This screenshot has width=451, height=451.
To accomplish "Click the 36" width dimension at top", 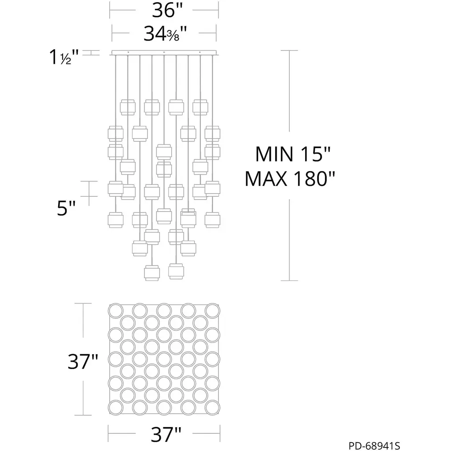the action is click(x=167, y=10).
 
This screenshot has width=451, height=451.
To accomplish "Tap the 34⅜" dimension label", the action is click(x=165, y=33).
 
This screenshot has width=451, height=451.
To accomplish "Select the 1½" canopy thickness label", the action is click(x=64, y=57).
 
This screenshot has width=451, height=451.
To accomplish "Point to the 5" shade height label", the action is click(x=66, y=208).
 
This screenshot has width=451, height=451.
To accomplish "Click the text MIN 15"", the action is click(x=293, y=154).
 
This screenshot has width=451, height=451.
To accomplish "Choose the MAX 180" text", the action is click(x=290, y=179).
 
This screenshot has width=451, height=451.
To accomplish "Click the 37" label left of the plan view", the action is click(x=83, y=361).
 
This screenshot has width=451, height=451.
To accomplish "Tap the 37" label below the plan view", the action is click(x=166, y=435).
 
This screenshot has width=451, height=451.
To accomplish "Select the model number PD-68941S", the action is click(x=374, y=446).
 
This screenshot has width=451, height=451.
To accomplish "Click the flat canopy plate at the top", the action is click(x=164, y=53).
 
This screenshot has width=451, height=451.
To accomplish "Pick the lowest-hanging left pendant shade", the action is click(x=152, y=273).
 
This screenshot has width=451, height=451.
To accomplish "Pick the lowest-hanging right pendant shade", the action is click(x=176, y=271).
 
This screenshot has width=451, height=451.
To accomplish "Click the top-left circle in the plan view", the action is click(x=116, y=311).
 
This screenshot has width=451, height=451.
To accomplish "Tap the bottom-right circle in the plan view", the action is click(x=212, y=407).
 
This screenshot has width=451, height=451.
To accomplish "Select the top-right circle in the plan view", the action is click(x=212, y=311).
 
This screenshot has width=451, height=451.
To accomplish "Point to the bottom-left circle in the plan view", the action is click(x=116, y=407).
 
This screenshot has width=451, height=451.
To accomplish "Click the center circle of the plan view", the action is click(x=164, y=359).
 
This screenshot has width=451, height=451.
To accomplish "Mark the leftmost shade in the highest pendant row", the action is click(x=128, y=107).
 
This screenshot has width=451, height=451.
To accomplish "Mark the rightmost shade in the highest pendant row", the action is click(x=200, y=107).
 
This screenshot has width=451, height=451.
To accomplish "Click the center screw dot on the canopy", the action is click(x=164, y=52).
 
